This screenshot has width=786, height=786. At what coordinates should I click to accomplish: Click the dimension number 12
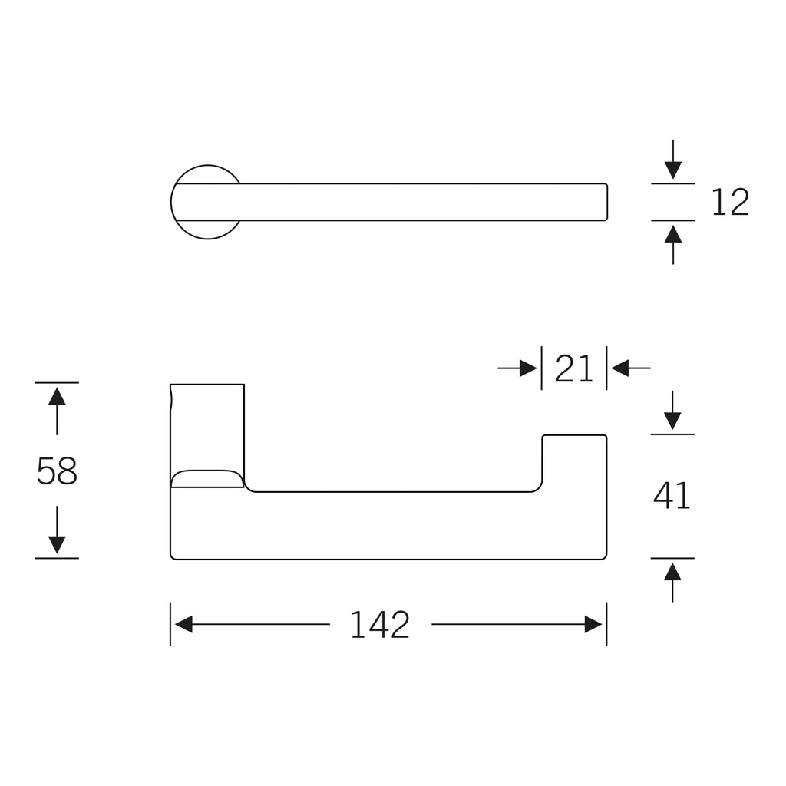coord(730,202)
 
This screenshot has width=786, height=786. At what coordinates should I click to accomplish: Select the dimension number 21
coord(574,368)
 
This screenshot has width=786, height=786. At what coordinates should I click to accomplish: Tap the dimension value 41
coord(672,496)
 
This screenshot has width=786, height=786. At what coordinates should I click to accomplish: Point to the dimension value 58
coord(57,471)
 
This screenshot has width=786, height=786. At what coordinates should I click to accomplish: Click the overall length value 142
coord(380,625)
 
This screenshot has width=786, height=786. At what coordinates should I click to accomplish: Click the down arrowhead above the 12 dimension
coord(672,170)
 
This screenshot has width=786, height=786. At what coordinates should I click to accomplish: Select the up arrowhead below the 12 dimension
coord(672,233)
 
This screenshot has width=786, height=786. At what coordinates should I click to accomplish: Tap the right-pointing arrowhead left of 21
coord(528,368)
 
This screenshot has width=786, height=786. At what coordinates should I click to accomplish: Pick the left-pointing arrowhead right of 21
coord(620,368)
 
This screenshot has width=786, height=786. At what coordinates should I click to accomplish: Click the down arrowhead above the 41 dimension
coord(672,421)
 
